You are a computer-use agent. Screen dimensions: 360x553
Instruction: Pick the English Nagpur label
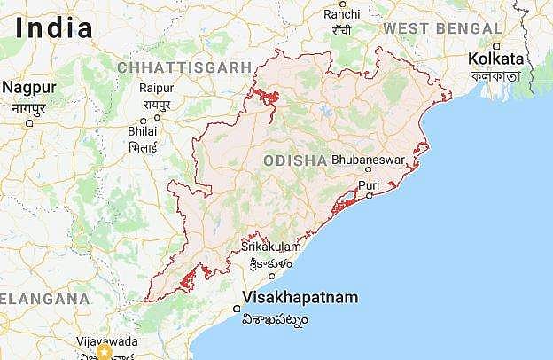pyautogui.click(x=28, y=88)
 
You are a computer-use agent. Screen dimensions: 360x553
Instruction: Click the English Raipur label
pyautogui.click(x=156, y=88)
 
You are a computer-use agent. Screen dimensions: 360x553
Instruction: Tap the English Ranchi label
pyautogui.click(x=342, y=14)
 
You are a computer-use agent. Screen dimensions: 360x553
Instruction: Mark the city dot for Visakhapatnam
pyautogui.click(x=237, y=309)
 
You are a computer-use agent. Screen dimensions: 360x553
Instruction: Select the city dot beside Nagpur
pyautogui.click(x=29, y=122)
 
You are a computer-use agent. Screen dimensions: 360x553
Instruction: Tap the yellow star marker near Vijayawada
pyautogui.click(x=105, y=353)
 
